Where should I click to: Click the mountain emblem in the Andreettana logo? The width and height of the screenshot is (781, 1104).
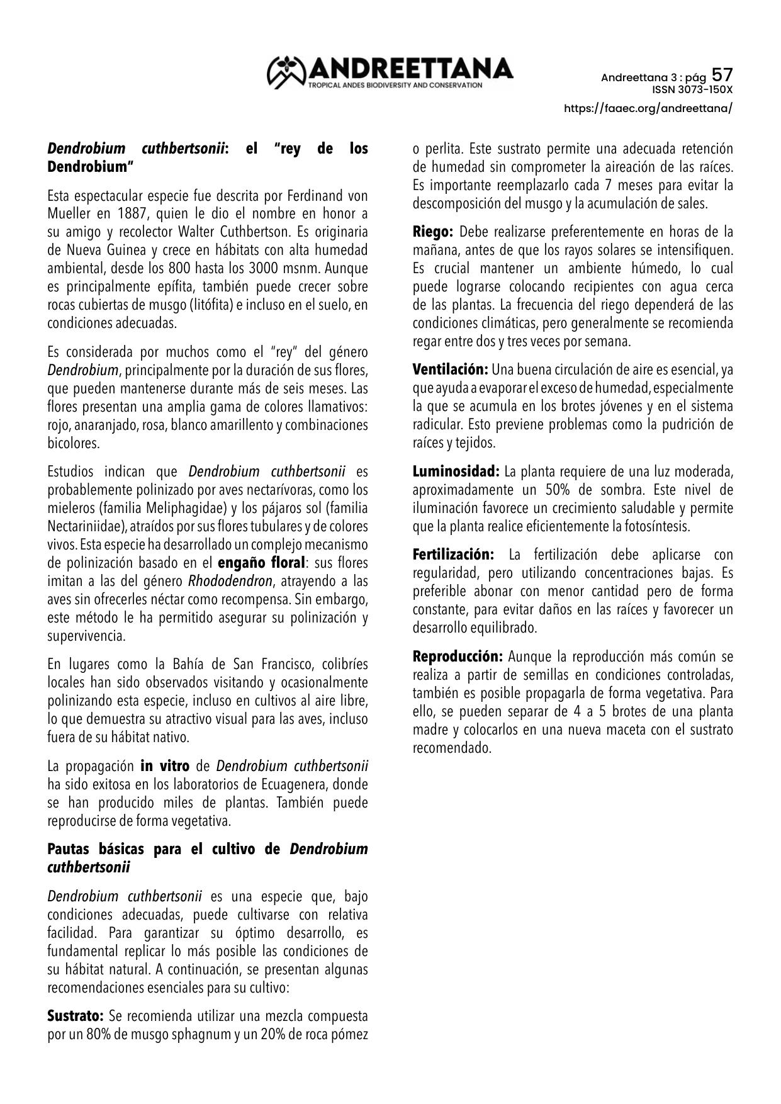[x=287, y=72]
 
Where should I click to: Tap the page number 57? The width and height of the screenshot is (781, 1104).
[x=722, y=76]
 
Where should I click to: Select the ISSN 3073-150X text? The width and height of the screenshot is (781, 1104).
[x=692, y=89]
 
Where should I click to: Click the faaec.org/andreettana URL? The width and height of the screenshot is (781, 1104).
[x=648, y=108]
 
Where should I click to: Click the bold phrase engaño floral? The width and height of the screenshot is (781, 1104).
[x=261, y=562]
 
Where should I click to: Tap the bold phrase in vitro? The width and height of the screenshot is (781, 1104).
[x=165, y=766]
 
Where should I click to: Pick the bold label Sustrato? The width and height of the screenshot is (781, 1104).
[x=76, y=1016]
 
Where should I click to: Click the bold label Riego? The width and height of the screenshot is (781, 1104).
[x=433, y=232]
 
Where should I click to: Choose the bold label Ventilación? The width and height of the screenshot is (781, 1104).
[x=450, y=369]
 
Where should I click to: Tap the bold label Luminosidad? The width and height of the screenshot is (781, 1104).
[x=456, y=471]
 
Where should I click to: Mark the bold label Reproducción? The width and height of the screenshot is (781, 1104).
[x=458, y=656]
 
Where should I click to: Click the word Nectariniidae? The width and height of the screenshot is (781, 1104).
[x=86, y=526]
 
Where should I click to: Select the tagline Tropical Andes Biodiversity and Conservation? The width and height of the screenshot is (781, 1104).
[x=395, y=84]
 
